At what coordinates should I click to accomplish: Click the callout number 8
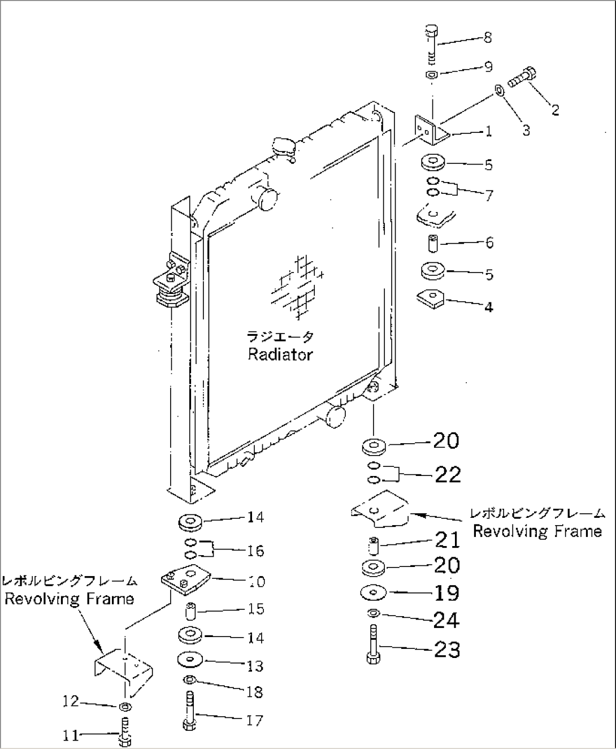tap(487, 37)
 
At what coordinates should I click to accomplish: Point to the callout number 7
tap(489, 196)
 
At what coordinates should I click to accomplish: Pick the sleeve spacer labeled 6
tap(433, 243)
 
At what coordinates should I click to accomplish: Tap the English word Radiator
tap(280, 354)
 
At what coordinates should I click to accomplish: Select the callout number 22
tap(448, 474)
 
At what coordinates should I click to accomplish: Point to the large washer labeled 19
tap(373, 592)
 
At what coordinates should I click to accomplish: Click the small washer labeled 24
tap(372, 614)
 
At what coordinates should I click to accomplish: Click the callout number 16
tap(255, 550)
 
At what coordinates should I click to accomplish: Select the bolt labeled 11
tap(125, 734)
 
